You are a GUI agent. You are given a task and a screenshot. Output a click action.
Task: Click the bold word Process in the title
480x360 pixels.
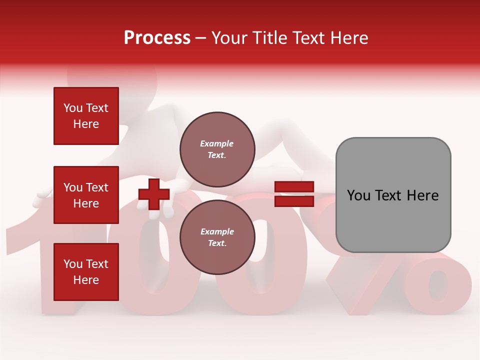[x=157, y=37]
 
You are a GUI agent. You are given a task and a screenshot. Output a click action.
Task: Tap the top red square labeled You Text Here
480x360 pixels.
[x=86, y=116]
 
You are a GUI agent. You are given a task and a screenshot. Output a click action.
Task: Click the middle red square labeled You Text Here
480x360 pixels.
[x=86, y=195]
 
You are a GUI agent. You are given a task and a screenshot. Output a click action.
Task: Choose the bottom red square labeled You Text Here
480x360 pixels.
[x=86, y=272]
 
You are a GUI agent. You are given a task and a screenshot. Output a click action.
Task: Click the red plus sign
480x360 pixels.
[x=154, y=195]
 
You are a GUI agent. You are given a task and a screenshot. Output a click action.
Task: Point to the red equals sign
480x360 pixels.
[x=294, y=194]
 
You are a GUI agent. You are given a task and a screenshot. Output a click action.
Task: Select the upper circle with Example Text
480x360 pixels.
[x=217, y=149]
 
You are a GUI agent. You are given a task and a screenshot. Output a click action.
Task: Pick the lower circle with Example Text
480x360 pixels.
[x=217, y=237]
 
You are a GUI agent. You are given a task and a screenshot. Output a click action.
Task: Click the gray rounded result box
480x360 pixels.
[x=393, y=195]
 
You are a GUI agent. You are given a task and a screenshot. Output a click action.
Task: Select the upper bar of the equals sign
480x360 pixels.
[x=294, y=187]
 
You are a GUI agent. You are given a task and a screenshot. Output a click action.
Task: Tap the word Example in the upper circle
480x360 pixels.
[x=217, y=143]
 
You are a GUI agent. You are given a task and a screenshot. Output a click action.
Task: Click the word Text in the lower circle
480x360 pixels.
[x=216, y=243]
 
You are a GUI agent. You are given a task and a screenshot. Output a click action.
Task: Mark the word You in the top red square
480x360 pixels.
[x=73, y=108]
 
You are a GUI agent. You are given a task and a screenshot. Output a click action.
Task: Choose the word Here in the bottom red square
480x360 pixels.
[x=86, y=280]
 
